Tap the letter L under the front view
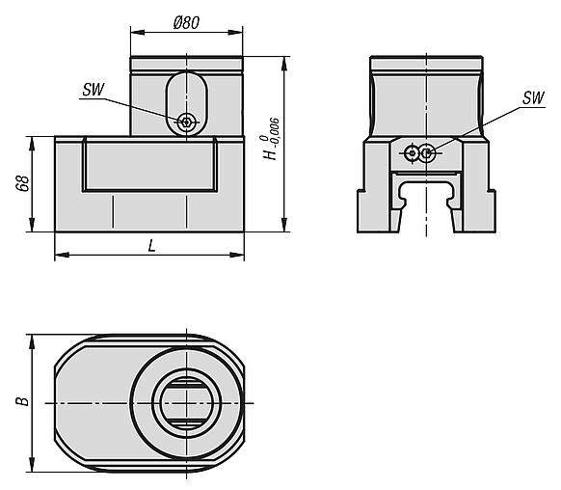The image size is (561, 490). (x=151, y=245)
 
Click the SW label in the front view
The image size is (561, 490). (x=93, y=90)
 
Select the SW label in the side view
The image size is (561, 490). (x=532, y=99)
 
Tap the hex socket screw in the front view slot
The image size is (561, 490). (x=187, y=121)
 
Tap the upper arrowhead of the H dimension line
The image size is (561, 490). (x=283, y=63)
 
